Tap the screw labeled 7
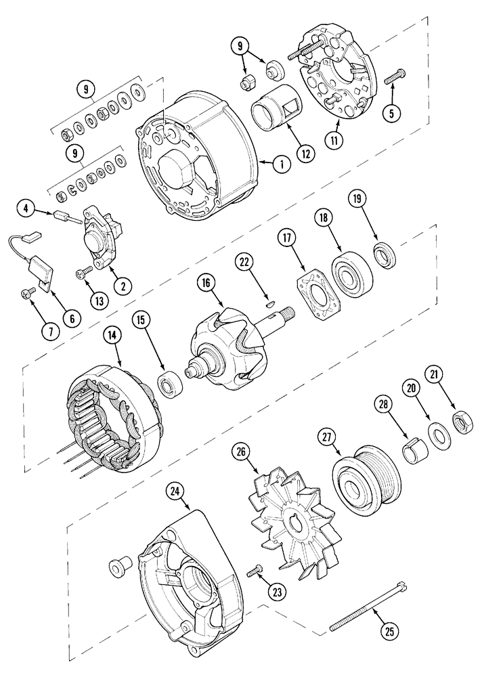[x=28, y=292]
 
